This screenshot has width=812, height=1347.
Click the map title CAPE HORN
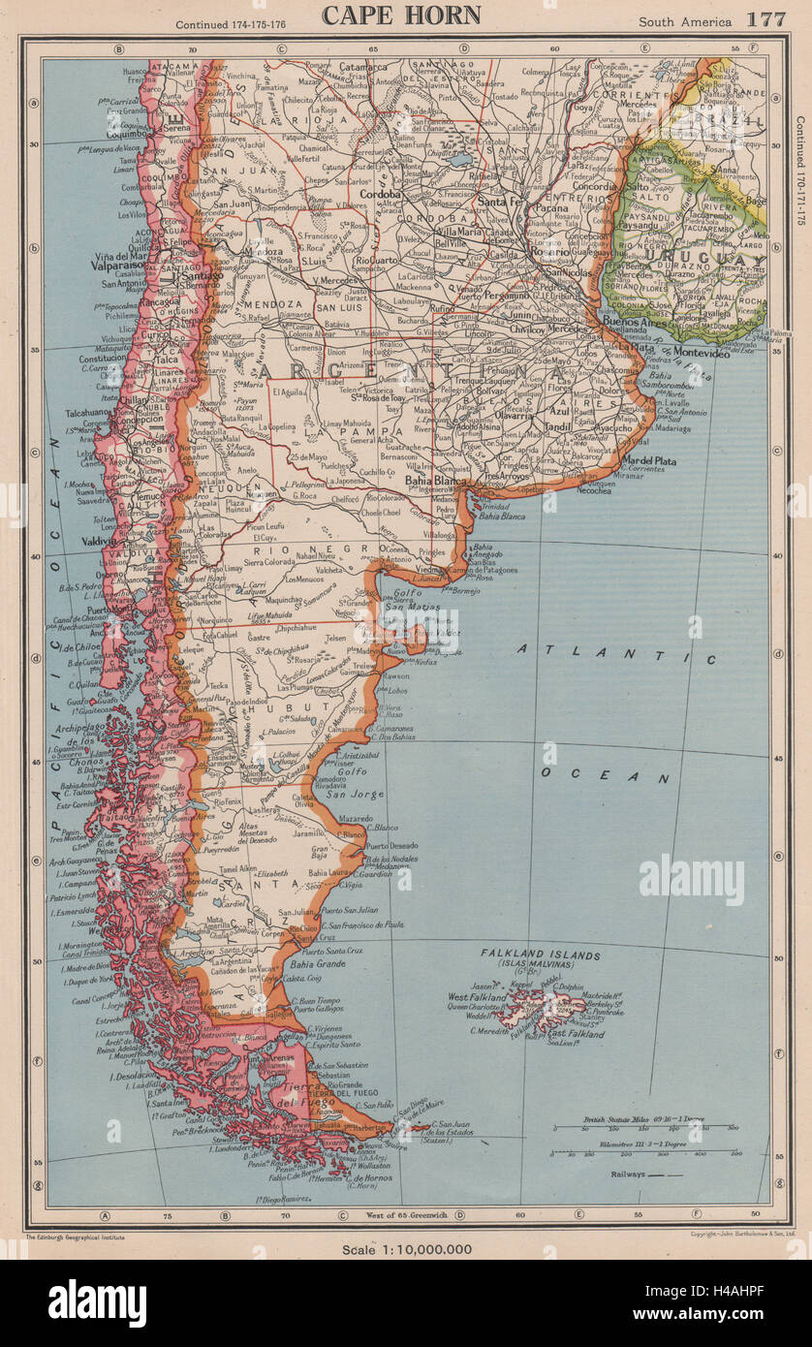[401, 15]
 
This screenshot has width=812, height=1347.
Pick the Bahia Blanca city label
[436, 480]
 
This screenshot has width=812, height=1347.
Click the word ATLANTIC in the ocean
[616, 653]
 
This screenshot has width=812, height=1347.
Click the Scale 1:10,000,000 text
[406, 1248]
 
